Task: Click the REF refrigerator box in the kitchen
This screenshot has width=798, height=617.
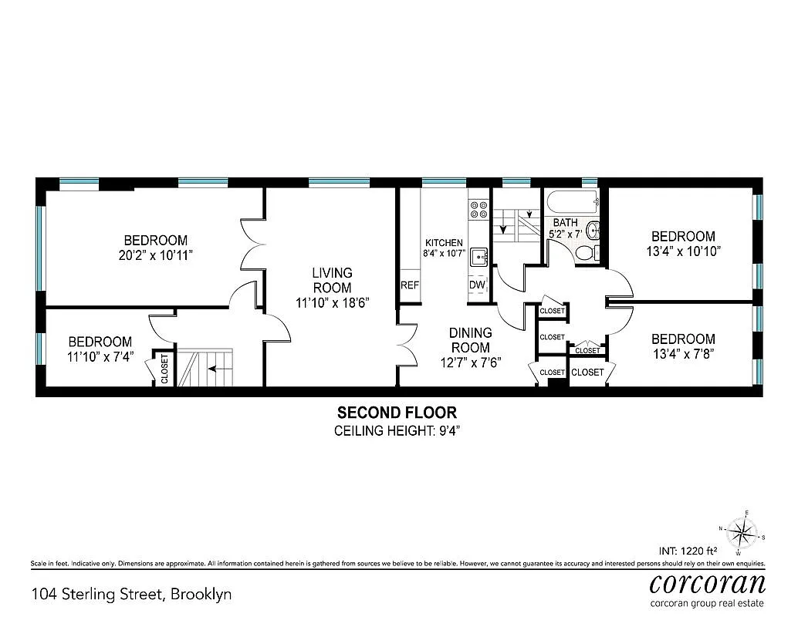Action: click(409, 285)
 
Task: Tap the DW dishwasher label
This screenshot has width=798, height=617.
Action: click(477, 285)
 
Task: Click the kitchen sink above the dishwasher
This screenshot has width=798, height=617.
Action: click(478, 258)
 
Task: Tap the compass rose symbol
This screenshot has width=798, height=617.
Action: click(742, 531)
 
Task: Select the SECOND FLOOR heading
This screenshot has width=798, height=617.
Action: click(396, 413)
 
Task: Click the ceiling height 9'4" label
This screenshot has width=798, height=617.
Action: click(396, 430)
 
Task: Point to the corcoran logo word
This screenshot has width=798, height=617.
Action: click(708, 582)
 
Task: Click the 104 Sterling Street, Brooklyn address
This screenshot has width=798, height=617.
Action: click(131, 594)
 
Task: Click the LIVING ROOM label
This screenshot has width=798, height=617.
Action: click(332, 280)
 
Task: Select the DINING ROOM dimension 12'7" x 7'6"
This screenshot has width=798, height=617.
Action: click(470, 362)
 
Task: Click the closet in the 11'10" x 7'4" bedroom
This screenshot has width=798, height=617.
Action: click(164, 368)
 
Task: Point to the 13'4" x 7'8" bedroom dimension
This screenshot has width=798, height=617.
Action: click(682, 355)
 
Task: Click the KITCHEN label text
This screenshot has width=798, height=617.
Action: click(444, 242)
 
